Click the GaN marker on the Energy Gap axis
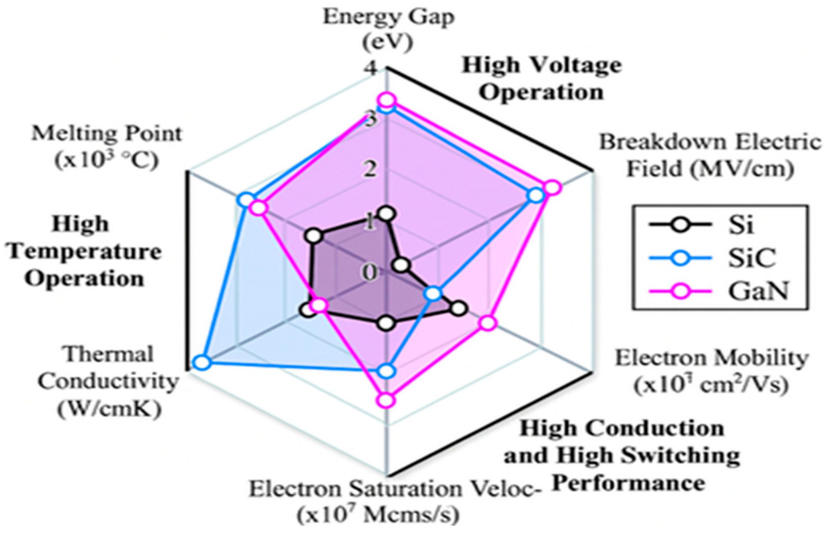pos(387,100)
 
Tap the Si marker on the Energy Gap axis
pos(387,213)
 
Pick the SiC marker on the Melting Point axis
pos(245,200)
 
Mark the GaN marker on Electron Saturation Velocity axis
pos(386,400)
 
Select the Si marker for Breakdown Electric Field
pos(401,265)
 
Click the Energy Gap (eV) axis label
pos(389,30)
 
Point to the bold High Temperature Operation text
pos(85,251)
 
